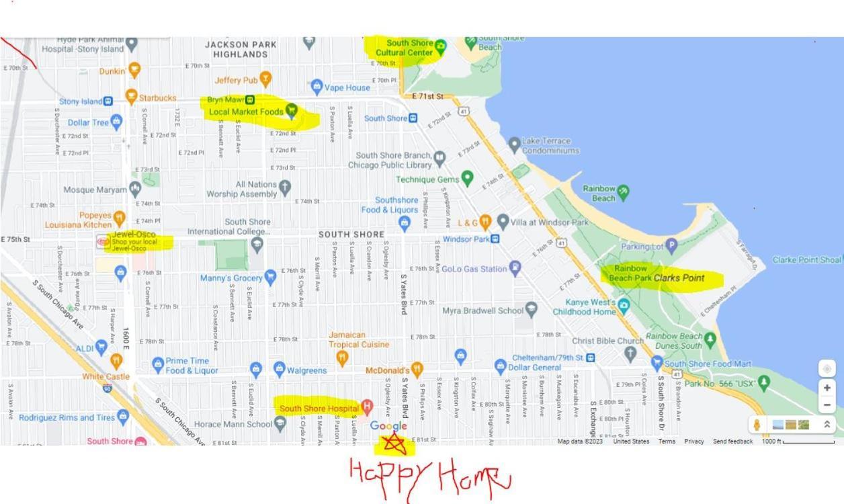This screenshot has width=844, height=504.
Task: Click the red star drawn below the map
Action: click(x=394, y=443)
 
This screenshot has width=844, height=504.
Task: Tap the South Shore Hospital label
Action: click(x=319, y=408)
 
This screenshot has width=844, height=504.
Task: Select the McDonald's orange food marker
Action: click(x=417, y=370)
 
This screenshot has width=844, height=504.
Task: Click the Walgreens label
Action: click(x=306, y=370)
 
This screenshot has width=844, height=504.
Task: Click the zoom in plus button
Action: click(x=827, y=388)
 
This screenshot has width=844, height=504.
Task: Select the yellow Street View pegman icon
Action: click(x=757, y=425)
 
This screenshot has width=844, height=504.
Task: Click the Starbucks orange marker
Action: click(x=132, y=97)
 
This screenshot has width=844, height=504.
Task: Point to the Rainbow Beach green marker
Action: click(x=624, y=192)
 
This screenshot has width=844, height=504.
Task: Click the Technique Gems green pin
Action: click(x=467, y=179)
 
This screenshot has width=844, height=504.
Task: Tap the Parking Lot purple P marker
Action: click(x=671, y=246)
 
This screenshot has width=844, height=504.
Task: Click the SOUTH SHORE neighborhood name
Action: click(x=351, y=235)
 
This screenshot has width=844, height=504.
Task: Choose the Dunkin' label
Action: click(x=113, y=71)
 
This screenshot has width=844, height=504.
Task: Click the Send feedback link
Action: click(x=732, y=442)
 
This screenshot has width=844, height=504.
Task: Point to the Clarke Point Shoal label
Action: click(x=807, y=260)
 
